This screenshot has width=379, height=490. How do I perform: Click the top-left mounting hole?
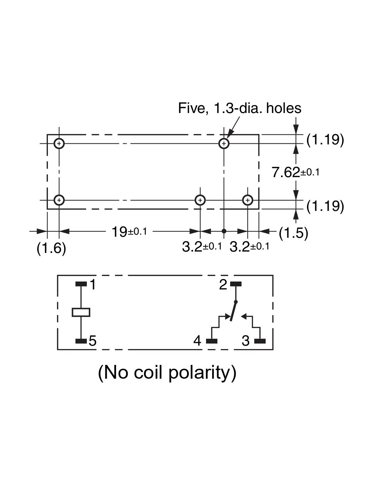click(x=59, y=143)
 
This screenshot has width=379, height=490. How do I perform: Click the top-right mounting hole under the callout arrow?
click(x=224, y=143)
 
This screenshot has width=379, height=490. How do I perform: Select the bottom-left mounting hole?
click(x=59, y=200)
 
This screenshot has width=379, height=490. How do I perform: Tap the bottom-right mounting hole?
click(x=247, y=200)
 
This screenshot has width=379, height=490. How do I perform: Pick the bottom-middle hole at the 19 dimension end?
click(x=200, y=200)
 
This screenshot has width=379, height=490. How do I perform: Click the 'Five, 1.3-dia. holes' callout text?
click(x=239, y=108)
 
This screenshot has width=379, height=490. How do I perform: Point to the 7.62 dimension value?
click(x=286, y=172)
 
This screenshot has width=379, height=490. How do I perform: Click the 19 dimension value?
click(x=120, y=232)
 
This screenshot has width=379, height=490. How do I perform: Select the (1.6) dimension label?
click(x=51, y=248)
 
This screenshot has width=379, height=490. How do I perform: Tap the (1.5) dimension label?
click(x=293, y=233)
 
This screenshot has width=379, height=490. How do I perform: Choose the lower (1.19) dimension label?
click(x=325, y=206)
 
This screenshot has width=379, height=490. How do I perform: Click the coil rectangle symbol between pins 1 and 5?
click(x=81, y=312)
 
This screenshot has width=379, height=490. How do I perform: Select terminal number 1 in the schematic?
click(x=92, y=285)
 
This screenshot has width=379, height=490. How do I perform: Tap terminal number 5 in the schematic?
click(x=92, y=341)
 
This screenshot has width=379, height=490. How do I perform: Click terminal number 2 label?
click(x=223, y=285)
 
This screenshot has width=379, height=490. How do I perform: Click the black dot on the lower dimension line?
click(x=224, y=231)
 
